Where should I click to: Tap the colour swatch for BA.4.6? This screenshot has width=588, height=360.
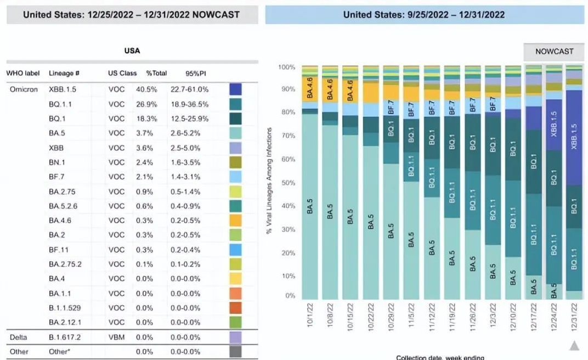point(236,221)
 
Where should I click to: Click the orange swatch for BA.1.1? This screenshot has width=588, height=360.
point(236,294)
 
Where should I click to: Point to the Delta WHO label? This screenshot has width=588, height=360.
point(19,336)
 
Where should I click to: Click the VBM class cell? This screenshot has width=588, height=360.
point(116,336)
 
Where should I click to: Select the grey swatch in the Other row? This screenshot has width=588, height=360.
point(236,351)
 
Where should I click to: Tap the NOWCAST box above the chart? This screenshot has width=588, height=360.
point(554,51)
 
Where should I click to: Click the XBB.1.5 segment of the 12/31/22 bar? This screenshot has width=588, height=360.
point(574,137)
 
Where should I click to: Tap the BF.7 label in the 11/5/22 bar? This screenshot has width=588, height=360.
point(411,109)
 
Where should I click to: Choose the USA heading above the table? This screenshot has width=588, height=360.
point(132,50)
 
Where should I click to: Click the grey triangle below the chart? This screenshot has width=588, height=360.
point(574,345)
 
